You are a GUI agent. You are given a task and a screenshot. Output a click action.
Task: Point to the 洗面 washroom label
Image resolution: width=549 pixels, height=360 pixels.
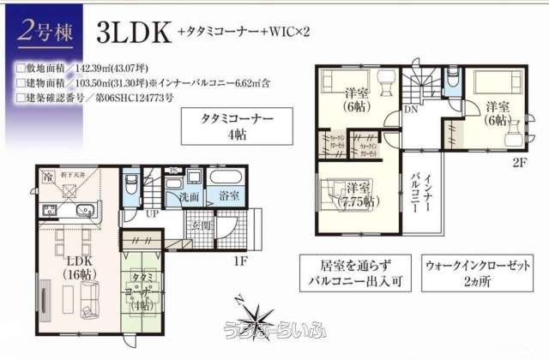pos(190,197)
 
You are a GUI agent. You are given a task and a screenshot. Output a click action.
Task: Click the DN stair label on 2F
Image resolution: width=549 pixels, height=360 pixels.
pos(411,109)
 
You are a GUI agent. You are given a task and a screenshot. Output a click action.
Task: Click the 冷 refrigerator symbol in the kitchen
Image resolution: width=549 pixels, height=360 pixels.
pos(48,177)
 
